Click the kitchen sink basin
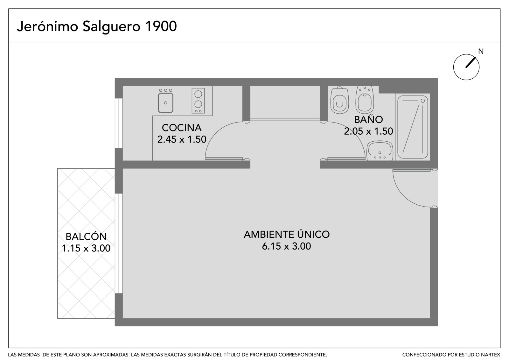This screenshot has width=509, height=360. (166, 102)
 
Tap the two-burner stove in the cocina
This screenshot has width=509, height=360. (198, 101)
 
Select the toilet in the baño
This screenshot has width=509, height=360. (340, 100)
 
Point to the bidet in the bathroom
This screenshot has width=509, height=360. (365, 100)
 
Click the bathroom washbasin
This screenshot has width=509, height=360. (380, 151)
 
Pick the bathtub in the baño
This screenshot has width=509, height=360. (412, 127)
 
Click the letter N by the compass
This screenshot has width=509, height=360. (481, 51)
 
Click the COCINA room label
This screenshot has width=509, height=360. (182, 128)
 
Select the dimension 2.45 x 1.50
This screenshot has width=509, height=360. (182, 139)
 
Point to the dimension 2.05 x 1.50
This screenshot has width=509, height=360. (368, 131)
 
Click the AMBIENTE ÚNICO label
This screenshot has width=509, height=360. (287, 234)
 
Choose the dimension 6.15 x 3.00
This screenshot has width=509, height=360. (286, 246)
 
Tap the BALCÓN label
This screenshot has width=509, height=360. (86, 236)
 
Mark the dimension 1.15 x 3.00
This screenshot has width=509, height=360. (86, 248)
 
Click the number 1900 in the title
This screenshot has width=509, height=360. (161, 26)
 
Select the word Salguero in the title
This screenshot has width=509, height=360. (111, 27)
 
